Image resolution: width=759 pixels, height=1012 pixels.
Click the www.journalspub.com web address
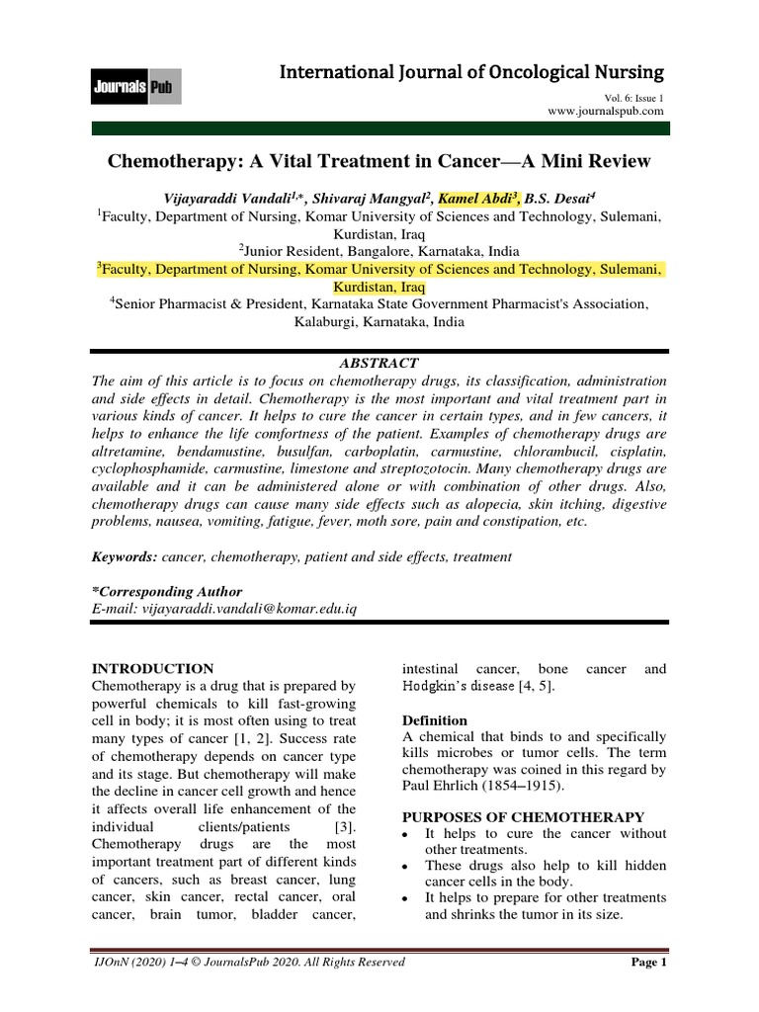(607, 113)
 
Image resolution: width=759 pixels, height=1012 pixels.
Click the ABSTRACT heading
(379, 364)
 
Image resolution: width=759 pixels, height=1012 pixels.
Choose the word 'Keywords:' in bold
(125, 557)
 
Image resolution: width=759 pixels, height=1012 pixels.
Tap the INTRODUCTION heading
(152, 669)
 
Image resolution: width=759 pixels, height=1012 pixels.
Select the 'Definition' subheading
(436, 720)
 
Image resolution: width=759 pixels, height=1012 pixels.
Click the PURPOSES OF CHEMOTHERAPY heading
(524, 816)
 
